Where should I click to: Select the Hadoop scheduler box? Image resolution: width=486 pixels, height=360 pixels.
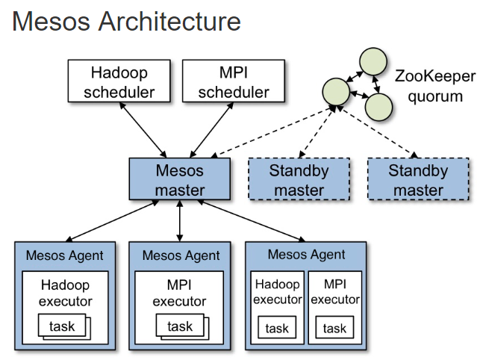pos(119,82)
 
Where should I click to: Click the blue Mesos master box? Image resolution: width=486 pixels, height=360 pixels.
pos(179,179)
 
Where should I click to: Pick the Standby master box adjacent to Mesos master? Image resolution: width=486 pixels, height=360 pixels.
pos(299,179)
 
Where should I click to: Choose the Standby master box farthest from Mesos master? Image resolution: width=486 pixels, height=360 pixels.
pos(418,179)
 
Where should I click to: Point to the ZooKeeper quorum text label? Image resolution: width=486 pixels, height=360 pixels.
pos(429,85)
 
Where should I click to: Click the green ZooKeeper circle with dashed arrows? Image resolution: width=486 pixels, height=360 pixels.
pos(336,92)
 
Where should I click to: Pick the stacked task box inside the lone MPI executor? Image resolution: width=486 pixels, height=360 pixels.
pos(179,326)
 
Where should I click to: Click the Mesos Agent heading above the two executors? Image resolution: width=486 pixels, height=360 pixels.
pos(307,255)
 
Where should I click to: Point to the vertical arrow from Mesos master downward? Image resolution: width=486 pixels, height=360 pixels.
pos(179,220)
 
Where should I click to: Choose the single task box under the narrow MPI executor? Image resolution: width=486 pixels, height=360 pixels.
pos(334,328)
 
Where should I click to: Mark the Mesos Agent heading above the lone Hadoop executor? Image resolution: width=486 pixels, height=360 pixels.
pos(65,255)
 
